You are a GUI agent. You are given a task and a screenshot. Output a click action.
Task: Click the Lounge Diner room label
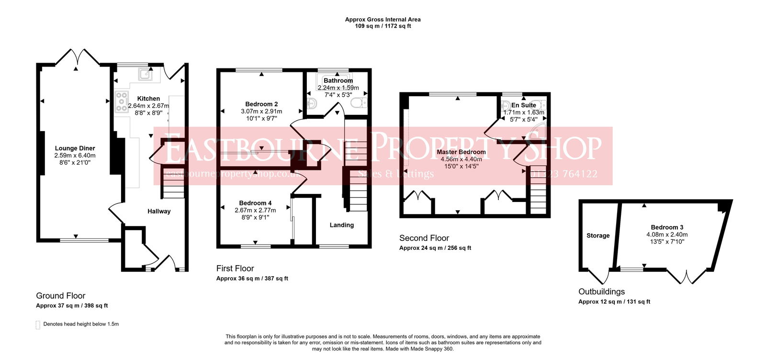[75, 148]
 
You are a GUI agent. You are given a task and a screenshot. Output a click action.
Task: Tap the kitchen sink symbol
[145, 74]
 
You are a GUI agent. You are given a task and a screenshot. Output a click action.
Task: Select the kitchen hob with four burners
[122, 102]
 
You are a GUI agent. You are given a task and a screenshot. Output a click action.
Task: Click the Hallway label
[159, 211]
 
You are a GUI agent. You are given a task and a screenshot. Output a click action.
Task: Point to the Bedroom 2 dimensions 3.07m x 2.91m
[261, 111]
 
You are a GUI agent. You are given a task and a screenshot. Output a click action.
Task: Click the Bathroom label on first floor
[338, 80]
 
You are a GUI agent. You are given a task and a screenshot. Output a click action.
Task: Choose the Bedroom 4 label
[255, 203]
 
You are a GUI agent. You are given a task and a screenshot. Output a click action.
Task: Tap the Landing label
[342, 225]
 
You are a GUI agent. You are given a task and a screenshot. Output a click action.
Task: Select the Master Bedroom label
[461, 152]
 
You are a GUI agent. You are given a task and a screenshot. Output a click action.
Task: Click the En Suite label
[524, 105]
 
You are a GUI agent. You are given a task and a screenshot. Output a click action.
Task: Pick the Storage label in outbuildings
[598, 236]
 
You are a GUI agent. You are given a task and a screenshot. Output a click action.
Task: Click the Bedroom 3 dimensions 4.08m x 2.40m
[667, 235]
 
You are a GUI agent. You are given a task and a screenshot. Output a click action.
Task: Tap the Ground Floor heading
[61, 296]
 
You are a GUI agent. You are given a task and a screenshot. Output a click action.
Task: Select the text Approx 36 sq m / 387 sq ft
[252, 279]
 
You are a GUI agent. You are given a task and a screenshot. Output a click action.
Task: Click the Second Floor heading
[424, 238]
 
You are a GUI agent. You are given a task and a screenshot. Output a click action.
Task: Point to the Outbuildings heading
[601, 292]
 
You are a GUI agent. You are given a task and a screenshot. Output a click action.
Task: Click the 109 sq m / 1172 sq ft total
[383, 26]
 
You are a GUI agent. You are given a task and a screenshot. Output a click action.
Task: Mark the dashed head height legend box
[38, 325]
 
